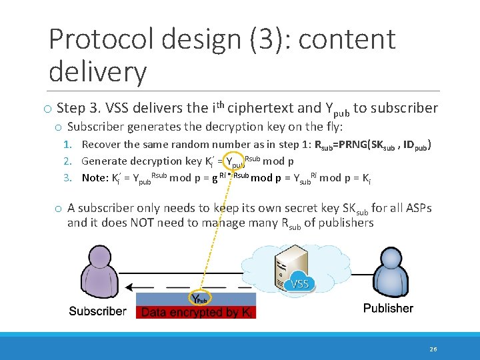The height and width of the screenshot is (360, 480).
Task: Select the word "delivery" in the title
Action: click(97, 71)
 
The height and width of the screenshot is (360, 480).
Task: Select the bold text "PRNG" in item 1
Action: click(358, 145)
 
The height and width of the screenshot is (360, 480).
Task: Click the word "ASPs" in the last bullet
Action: click(415, 208)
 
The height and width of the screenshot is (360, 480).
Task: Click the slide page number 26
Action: click(433, 348)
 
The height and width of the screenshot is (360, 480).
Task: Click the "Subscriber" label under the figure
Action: click(97, 311)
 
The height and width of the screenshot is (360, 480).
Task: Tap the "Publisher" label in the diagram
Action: click(388, 308)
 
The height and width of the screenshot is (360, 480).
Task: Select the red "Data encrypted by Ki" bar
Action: click(196, 312)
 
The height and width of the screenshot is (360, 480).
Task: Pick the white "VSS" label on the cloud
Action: click(300, 285)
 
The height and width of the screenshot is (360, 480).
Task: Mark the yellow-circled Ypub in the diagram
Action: click(199, 299)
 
